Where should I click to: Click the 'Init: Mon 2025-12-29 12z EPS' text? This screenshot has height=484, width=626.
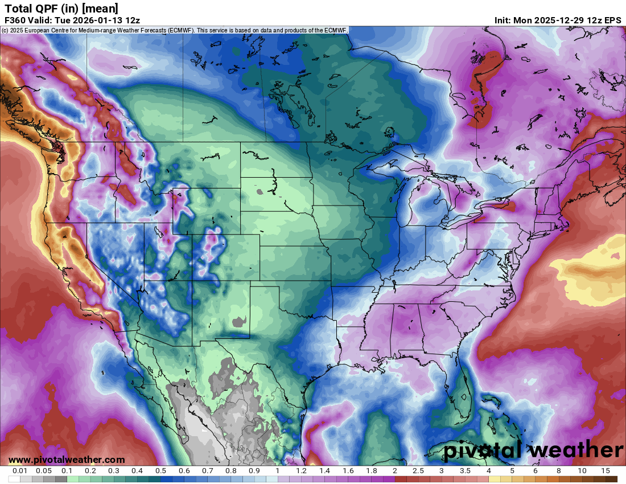(558, 20)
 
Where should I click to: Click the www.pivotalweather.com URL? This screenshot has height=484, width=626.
(67, 460)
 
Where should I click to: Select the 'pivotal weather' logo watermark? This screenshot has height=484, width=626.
(533, 450)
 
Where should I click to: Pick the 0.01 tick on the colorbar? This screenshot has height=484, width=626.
(20, 471)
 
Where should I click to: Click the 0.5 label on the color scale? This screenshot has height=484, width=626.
(160, 471)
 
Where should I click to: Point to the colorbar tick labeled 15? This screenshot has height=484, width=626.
(606, 471)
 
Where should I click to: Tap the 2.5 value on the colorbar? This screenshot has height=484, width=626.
(418, 471)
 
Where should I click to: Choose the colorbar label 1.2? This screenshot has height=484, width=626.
(301, 471)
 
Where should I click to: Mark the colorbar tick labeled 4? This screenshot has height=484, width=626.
(488, 471)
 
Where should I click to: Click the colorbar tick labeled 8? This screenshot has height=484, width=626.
(558, 471)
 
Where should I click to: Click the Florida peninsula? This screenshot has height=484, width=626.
(464, 387)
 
